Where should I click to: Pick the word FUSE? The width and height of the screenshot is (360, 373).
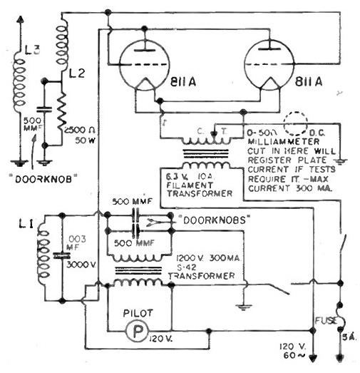pyautogui.click(x=324, y=322)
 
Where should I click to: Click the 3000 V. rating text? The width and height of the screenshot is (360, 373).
pyautogui.click(x=79, y=265)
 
